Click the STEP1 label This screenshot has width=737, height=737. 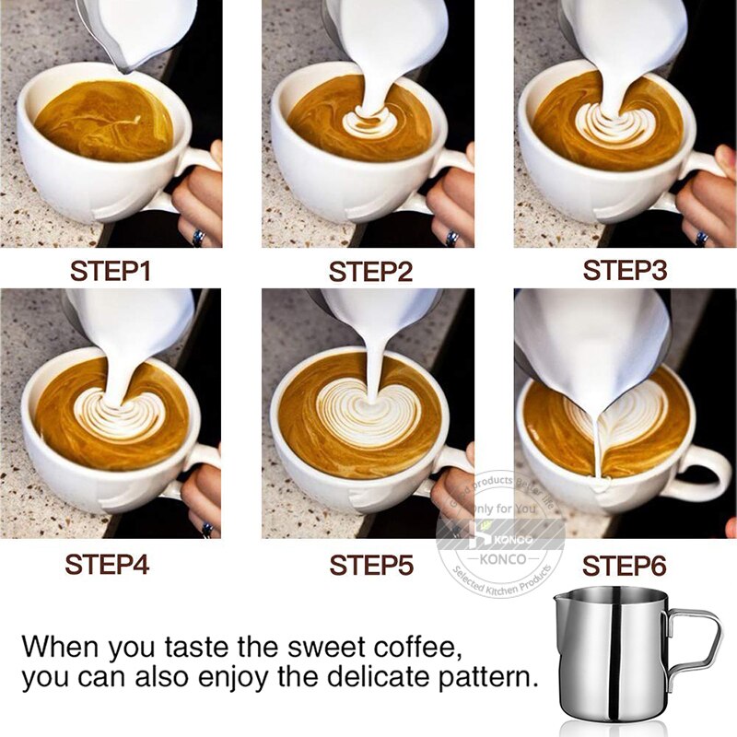111,272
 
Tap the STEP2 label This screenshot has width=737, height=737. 371,272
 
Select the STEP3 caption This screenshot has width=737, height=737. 625,270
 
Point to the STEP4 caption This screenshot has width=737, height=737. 107,564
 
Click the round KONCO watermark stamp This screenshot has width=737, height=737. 499,534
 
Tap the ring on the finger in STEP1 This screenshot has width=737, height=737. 198,237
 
